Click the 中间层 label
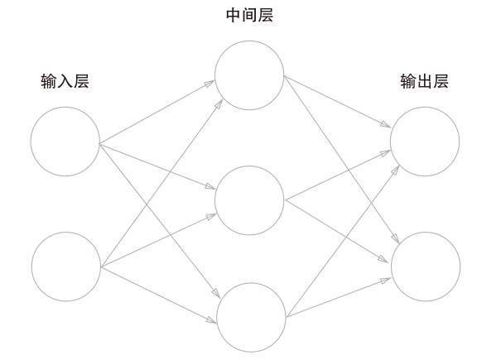point(249,15)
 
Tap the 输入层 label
point(65,81)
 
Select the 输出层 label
point(424,81)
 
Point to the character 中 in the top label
point(234,15)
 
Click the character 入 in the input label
point(65,81)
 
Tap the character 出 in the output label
point(424,81)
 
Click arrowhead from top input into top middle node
point(210,84)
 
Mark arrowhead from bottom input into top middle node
point(219,103)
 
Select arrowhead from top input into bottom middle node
point(216,293)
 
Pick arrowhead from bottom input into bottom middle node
point(211,320)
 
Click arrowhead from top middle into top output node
point(386,124)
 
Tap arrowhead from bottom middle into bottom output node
point(385,281)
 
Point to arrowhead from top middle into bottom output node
point(395,238)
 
